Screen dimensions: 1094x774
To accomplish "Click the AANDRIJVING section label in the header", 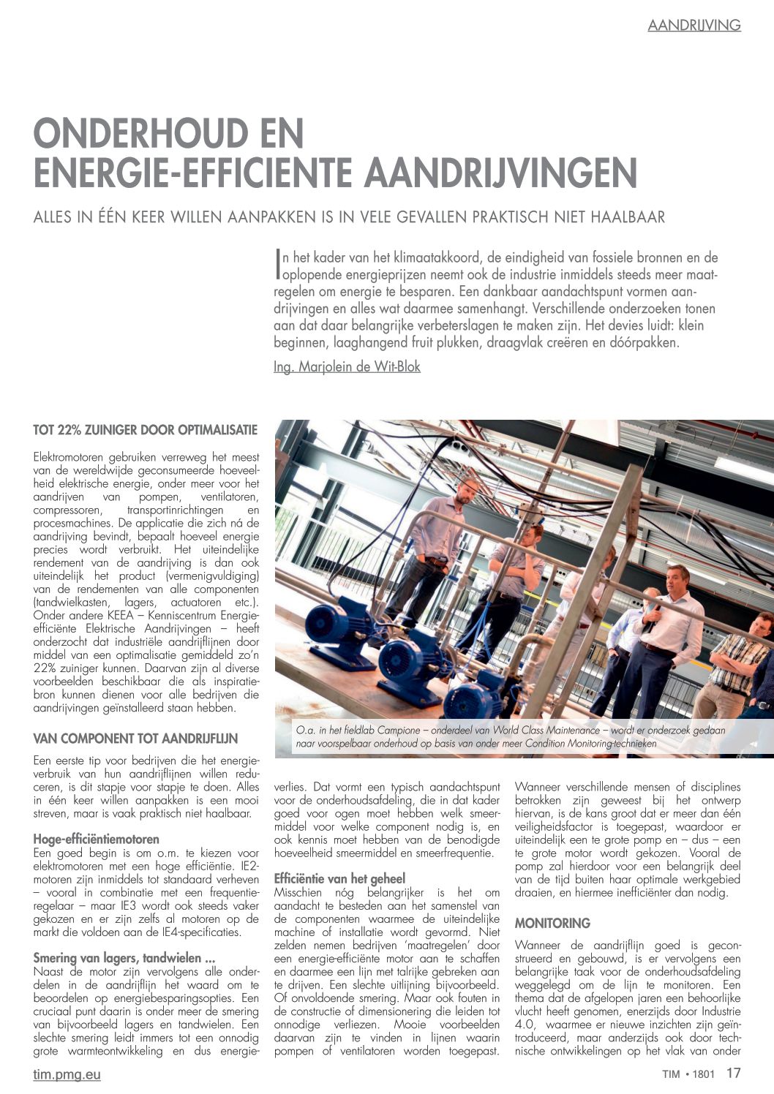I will (694, 25).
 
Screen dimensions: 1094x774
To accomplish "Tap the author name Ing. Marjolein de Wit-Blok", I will (347, 366).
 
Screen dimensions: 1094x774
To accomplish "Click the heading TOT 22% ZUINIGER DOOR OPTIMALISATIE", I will (146, 429).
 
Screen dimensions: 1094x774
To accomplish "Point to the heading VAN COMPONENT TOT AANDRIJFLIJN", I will (135, 739).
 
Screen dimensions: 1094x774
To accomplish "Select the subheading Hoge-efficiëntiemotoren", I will (96, 839).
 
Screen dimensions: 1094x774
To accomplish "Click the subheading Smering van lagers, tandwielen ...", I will (124, 957).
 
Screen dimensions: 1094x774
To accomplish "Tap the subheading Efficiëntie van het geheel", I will (339, 878).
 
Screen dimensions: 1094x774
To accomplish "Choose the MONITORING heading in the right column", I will (552, 923).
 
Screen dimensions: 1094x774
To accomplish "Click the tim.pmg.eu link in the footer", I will (67, 1074).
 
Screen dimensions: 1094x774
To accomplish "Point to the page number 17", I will (734, 1074).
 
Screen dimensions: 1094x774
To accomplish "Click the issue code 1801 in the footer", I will (702, 1074).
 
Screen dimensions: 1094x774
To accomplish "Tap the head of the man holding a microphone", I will (677, 579).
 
